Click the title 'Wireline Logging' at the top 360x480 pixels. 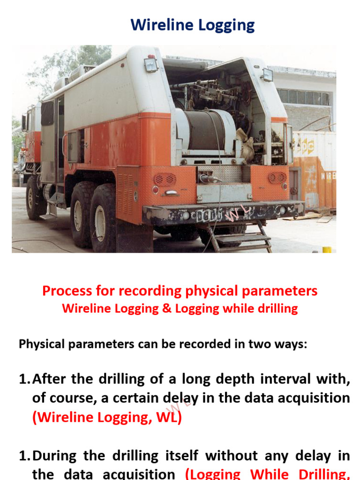192,25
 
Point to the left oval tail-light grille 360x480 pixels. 165,179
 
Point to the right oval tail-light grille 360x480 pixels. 277,178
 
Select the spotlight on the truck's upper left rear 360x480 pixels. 151,64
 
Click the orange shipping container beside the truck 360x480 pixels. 314,169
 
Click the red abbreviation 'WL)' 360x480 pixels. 168,418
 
